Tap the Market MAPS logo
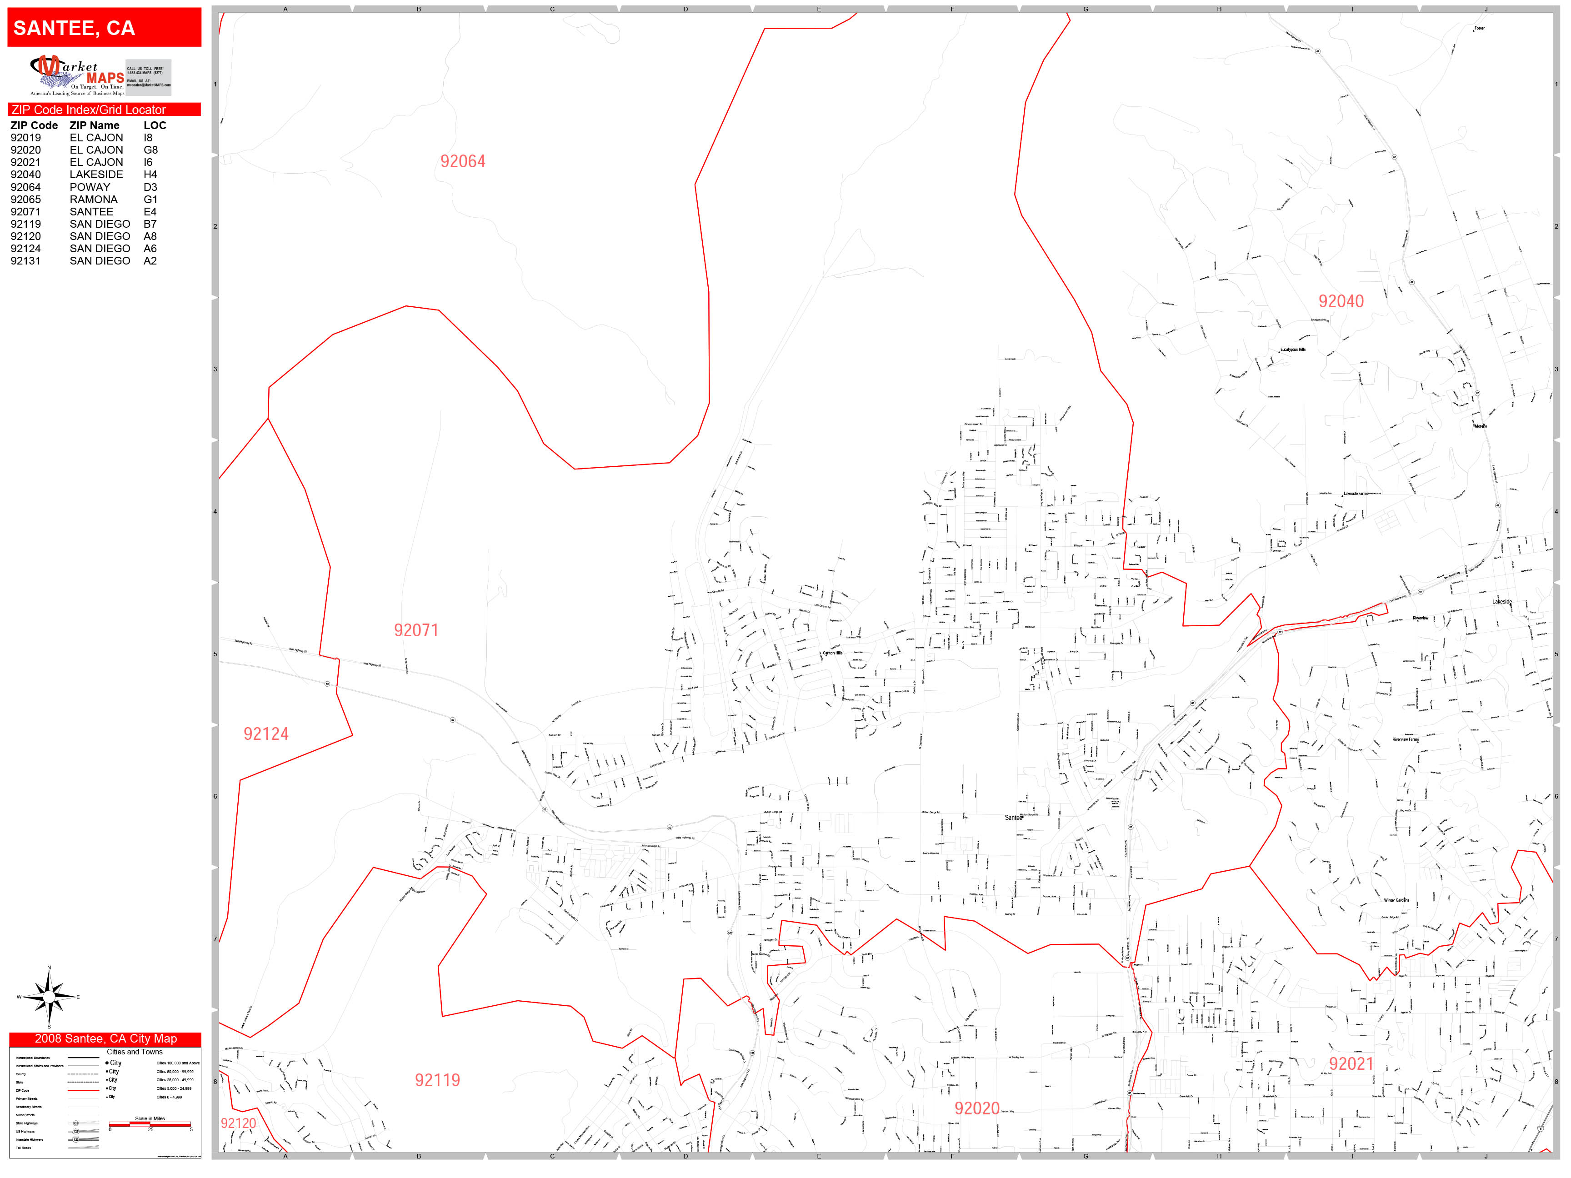point(77,75)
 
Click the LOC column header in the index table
point(155,125)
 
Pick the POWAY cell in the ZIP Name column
point(90,187)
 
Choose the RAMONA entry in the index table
point(93,200)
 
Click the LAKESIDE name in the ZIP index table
point(96,175)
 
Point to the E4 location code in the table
point(150,212)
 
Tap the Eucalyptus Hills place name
point(1293,350)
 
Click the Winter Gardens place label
point(1396,900)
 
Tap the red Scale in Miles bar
point(150,1124)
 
